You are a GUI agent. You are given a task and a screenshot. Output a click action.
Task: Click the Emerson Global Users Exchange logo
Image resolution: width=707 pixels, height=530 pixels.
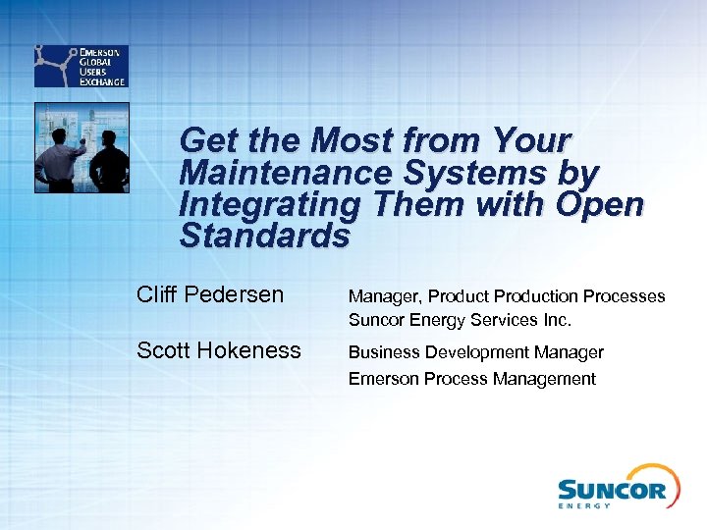(80, 66)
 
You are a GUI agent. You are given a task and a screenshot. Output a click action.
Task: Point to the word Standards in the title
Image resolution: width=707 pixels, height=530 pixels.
(264, 237)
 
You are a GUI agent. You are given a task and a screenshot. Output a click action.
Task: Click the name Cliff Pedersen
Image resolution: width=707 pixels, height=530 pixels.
(210, 294)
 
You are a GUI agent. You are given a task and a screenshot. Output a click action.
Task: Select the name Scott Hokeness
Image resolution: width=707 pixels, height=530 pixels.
(219, 350)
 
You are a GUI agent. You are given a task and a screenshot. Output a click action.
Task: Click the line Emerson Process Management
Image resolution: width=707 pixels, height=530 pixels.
(471, 379)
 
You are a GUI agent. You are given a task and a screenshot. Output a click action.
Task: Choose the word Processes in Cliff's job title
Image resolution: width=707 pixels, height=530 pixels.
(625, 296)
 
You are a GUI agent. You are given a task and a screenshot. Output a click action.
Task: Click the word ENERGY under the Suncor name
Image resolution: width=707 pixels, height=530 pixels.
(584, 505)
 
